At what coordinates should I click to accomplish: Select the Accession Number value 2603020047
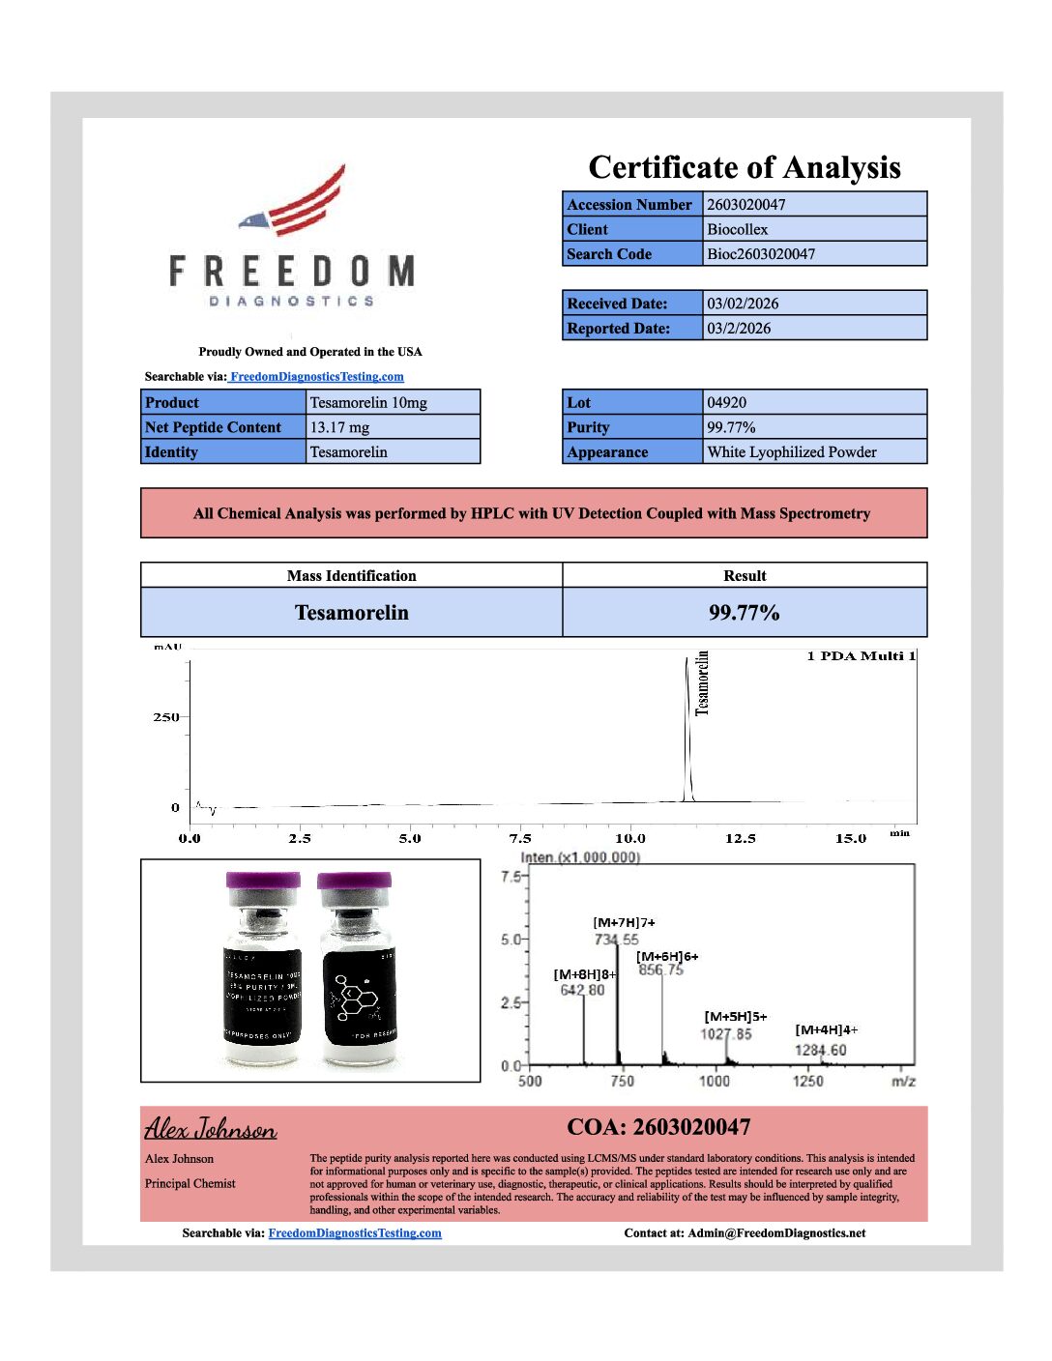[x=745, y=205]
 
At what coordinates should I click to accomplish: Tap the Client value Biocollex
[x=737, y=230]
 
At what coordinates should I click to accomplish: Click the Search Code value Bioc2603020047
[x=760, y=254]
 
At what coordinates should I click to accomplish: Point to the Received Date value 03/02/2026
[x=742, y=304]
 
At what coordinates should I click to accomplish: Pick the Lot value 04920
[x=726, y=403]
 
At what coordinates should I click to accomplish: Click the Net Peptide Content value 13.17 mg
[x=339, y=427]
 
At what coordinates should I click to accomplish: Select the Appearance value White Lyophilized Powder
[x=791, y=452]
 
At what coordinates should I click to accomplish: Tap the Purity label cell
[x=631, y=427]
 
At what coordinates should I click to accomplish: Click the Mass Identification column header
[x=351, y=576]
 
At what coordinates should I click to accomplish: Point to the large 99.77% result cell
[x=744, y=613]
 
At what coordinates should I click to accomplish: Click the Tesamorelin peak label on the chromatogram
[x=703, y=682]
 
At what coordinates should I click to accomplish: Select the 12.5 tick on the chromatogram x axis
[x=740, y=838]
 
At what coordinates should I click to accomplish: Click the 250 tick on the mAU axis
[x=165, y=717]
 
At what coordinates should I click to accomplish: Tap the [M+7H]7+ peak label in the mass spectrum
[x=624, y=923]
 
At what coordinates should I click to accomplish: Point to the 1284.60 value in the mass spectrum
[x=820, y=1051]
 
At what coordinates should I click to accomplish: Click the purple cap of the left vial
[x=262, y=883]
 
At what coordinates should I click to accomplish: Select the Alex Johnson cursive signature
[x=210, y=1129]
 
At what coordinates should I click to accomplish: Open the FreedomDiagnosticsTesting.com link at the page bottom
[x=354, y=1233]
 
